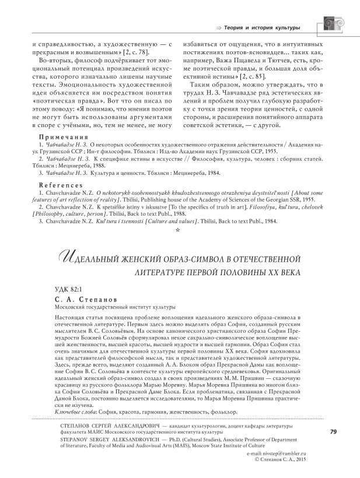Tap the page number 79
333,431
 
